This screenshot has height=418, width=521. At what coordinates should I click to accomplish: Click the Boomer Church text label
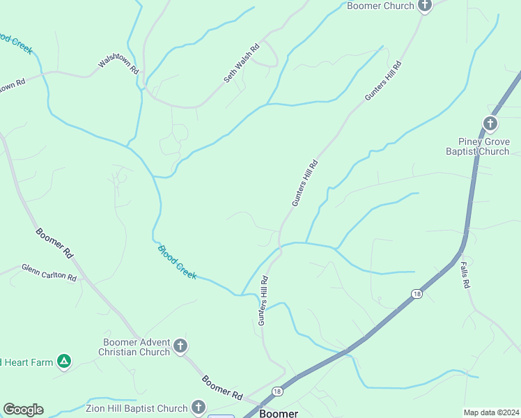click(x=380, y=6)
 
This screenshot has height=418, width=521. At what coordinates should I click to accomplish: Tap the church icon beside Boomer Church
click(x=425, y=5)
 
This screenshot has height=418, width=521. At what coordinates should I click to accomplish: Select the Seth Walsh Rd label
click(x=242, y=63)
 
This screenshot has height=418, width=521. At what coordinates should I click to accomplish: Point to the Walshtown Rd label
click(x=119, y=62)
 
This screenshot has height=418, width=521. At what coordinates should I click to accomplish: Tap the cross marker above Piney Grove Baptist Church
click(x=490, y=125)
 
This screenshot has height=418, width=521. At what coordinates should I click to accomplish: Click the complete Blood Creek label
click(x=177, y=262)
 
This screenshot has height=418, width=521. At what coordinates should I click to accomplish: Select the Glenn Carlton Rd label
click(x=49, y=272)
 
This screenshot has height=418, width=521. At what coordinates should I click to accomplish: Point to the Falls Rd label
click(x=465, y=274)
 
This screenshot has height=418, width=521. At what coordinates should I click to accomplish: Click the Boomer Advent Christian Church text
click(x=135, y=347)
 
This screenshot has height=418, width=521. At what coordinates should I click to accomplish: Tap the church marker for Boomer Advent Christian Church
click(x=180, y=346)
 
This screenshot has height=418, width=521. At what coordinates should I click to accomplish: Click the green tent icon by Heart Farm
click(x=64, y=361)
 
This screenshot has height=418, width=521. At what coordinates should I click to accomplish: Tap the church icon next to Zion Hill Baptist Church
click(x=199, y=408)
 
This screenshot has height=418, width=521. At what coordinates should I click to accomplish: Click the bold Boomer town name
click(x=279, y=413)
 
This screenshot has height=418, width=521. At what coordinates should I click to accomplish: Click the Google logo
click(x=23, y=410)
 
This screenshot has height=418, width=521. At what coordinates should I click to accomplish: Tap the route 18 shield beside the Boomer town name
click(x=277, y=392)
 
